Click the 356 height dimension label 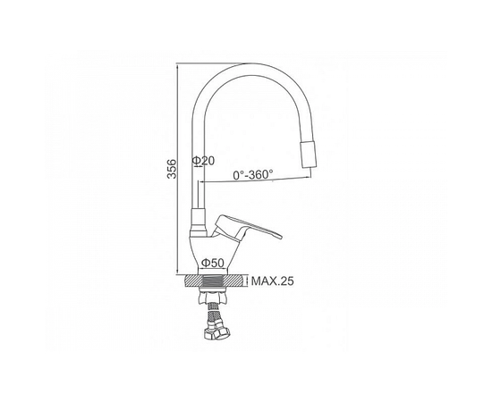pos(172,169)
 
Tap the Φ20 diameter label pos(203,161)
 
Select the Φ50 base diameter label pos(213,263)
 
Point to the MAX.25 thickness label pos(273,281)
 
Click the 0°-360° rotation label pos(253,174)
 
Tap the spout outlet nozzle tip pos(309,155)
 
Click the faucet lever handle pos(247,228)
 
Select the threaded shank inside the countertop pos(213,281)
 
